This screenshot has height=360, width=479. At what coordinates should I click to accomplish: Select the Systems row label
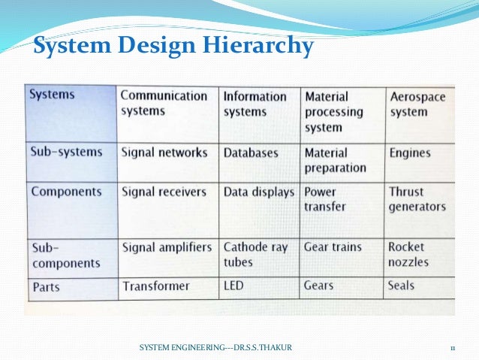pos(53,95)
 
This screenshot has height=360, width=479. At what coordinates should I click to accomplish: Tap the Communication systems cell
pos(164,104)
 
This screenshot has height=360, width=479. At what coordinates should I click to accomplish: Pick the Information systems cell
pos(255,104)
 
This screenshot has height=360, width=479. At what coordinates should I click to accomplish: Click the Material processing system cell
pos(333,112)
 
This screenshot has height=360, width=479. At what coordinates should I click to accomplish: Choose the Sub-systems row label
pos(65,152)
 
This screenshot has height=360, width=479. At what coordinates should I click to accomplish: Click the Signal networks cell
pos(164,153)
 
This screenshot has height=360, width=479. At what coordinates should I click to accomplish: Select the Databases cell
pos(251,153)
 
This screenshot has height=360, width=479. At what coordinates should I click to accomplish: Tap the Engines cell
pos(410,153)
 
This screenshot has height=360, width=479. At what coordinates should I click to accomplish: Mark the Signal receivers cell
pos(163,192)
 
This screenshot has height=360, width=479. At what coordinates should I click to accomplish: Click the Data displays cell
pos(258,192)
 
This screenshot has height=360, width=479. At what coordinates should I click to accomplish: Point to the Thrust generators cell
pos(417,199)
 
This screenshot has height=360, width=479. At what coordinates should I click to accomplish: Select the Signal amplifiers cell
pos(166,247)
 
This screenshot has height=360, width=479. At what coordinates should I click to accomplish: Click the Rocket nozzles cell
pos(408,254)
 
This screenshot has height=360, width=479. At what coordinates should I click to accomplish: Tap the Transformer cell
pos(155,286)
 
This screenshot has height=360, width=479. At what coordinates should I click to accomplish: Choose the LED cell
pos(233,286)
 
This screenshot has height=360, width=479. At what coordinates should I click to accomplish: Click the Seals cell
pos(401,286)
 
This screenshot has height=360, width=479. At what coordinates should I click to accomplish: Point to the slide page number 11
pos(453,346)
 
